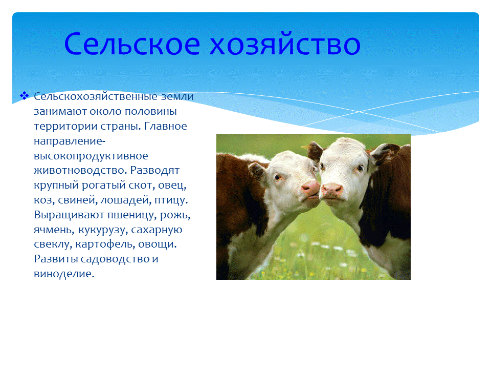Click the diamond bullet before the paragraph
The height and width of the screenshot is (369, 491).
pos(24,96)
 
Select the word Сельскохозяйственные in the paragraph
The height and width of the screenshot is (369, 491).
pos(92,96)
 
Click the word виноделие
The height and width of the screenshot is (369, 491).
pos(64,274)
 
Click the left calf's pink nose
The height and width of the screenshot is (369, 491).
pos(310,188)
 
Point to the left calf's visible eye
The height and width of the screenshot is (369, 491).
pos(277,177)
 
